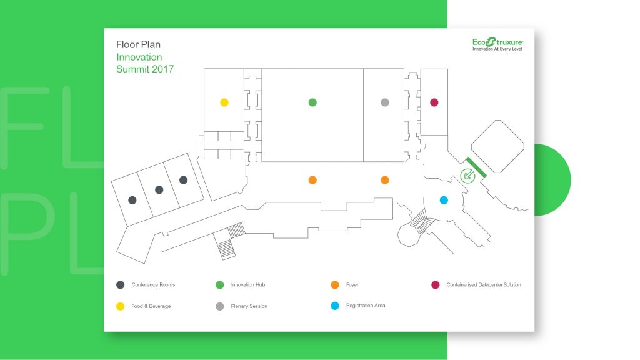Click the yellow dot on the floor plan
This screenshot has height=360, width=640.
pos(224,102)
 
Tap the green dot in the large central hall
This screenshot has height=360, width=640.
pos(312,102)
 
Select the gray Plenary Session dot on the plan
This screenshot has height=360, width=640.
pos(385,102)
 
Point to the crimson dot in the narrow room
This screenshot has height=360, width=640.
pos(434,102)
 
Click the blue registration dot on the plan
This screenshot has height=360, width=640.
pos(444,200)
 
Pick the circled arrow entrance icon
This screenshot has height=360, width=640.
pos(467,176)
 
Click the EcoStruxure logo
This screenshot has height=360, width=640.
pos(497,42)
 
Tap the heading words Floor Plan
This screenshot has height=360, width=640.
pos(138,44)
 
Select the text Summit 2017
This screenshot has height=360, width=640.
pos(145,69)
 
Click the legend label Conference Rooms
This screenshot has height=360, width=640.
pos(153,285)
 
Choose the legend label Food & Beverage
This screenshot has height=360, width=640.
pos(151,306)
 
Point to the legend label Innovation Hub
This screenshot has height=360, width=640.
pos(248,285)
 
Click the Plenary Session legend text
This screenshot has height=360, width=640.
pos(249,306)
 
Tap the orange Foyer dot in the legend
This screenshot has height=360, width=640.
pos(335,285)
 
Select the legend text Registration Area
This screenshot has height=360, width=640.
pos(366,305)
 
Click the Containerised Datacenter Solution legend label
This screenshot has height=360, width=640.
pos(484,285)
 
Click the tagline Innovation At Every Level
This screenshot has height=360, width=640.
pos(497,49)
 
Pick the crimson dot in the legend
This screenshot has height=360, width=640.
pos(436,285)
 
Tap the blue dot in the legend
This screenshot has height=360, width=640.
pos(335,306)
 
